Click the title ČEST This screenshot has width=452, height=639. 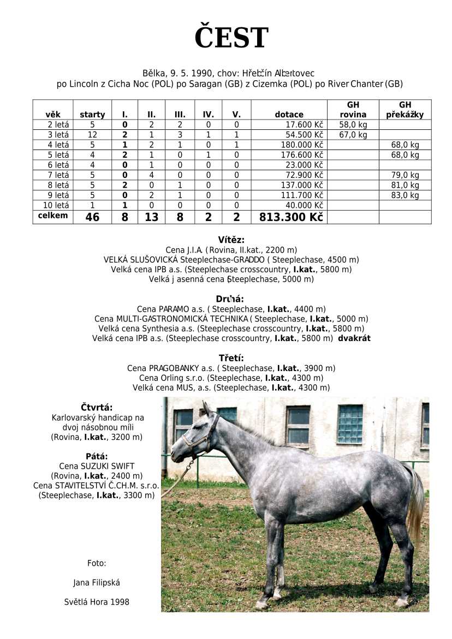(x=231, y=38)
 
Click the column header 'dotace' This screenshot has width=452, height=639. (x=289, y=115)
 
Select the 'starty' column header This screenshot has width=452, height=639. (x=92, y=115)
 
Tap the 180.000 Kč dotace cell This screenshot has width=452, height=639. (x=300, y=145)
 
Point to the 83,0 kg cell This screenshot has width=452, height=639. (x=405, y=195)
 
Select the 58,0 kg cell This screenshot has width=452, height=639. (x=353, y=125)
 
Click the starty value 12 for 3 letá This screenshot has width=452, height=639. (x=92, y=135)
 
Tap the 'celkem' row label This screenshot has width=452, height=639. (x=53, y=216)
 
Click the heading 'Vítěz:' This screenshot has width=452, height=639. (x=231, y=240)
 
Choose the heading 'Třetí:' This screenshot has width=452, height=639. (x=231, y=358)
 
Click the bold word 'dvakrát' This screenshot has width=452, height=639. (x=354, y=338)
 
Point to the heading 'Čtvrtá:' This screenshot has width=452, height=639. (x=97, y=407)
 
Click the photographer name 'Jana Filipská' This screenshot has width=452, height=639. (x=97, y=583)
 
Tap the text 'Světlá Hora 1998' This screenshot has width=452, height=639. (x=97, y=602)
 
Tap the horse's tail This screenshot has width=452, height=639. (x=417, y=502)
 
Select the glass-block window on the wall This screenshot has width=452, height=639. (x=350, y=424)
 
